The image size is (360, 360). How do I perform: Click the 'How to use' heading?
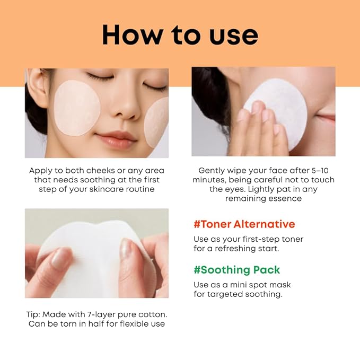(x=180, y=34)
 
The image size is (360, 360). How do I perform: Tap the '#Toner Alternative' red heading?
(x=244, y=224)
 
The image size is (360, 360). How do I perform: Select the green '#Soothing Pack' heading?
(x=236, y=269)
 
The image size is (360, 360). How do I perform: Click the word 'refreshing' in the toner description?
(x=239, y=248)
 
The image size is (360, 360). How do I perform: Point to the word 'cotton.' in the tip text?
(x=151, y=314)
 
